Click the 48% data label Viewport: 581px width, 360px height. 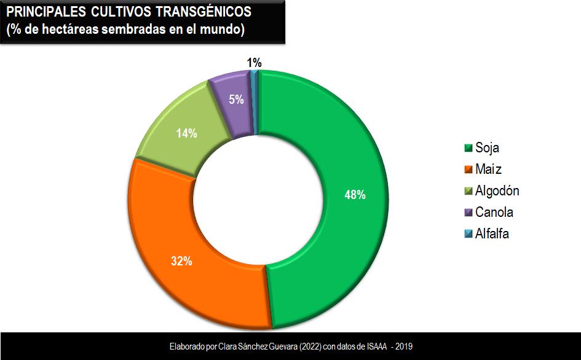tap(355, 195)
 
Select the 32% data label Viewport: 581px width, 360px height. tap(181, 260)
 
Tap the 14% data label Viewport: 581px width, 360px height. tap(186, 133)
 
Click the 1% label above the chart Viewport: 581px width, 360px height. tap(254, 63)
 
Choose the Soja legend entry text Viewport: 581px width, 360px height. tap(488, 148)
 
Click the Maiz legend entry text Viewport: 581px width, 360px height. tap(489, 170)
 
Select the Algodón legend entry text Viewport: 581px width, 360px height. tap(497, 191)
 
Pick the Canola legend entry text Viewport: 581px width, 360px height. tap(494, 213)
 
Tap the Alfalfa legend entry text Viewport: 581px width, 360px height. tap(492, 234)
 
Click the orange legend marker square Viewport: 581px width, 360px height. tap(468, 170)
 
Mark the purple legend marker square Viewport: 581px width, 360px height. tap(468, 213)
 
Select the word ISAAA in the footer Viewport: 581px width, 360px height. tap(375, 346)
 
